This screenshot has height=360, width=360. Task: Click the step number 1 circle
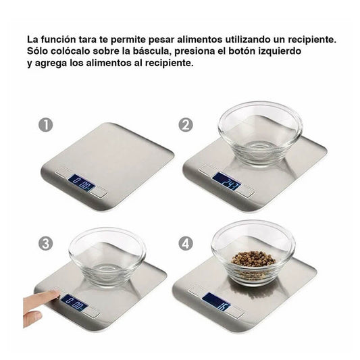point(45,126)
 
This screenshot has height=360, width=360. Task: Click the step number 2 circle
point(186,126)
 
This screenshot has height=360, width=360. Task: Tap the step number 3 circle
point(45,243)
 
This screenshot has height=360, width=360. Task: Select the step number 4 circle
point(186,243)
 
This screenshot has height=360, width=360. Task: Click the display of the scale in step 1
point(80,182)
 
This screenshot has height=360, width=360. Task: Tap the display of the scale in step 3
point(75,303)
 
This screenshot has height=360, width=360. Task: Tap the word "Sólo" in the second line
point(38,51)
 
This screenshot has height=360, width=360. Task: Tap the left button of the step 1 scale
point(62,173)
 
